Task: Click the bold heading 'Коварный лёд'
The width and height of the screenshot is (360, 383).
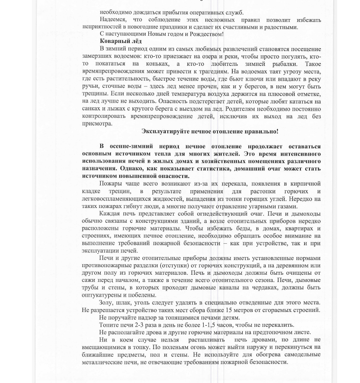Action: click(121, 41)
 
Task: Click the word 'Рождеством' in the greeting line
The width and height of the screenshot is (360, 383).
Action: click(206, 34)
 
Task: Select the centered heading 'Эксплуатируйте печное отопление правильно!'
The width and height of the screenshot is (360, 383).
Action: click(210, 131)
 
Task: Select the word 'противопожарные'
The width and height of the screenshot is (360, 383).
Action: click(107, 266)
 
